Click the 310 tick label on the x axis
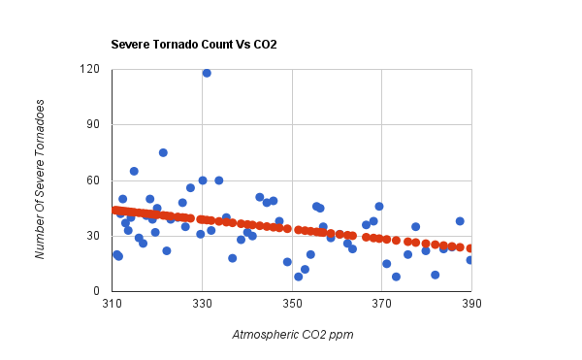[112, 305]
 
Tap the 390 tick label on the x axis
[470, 305]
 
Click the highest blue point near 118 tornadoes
[207, 73]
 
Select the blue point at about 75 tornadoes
[163, 152]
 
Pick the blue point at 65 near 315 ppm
[134, 171]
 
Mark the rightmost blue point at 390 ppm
[470, 260]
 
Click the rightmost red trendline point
[470, 248]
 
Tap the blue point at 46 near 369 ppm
[379, 207]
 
